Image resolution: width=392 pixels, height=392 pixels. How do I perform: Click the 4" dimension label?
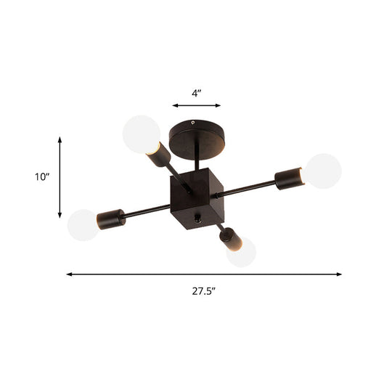[x=195, y=93]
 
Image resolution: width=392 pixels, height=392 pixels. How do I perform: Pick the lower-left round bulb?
[x=81, y=225]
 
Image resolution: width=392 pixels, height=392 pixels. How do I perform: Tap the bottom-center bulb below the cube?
[x=241, y=252]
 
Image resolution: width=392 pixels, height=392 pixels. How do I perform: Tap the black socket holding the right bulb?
[x=288, y=176]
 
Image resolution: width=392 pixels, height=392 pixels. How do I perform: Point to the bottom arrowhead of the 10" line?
[x=60, y=216]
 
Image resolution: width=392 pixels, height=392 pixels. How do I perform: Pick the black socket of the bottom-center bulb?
[x=228, y=235]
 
